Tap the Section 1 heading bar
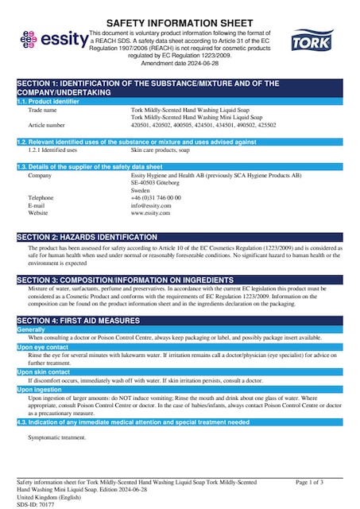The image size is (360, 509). pos(180,87)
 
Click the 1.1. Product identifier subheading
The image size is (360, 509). pos(48,102)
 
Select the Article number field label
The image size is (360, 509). pos(46,125)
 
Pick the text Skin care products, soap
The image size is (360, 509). pos(160,149)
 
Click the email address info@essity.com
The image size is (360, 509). pos(151,205)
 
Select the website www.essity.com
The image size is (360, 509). pos(151,213)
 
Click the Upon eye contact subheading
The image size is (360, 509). pos(43,348)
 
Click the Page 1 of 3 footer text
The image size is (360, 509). pos(309,482)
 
